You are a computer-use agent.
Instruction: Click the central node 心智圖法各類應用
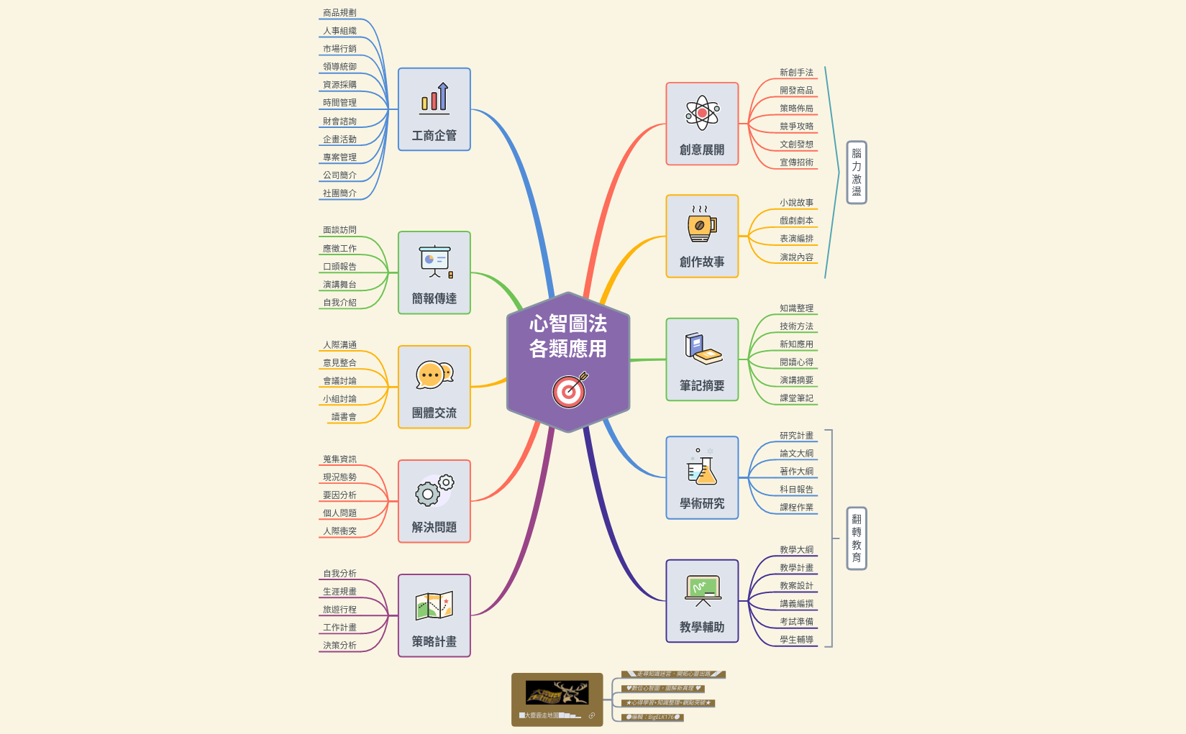click(x=568, y=336)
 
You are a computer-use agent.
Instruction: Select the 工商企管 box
click(x=434, y=109)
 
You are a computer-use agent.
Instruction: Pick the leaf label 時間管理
click(x=339, y=103)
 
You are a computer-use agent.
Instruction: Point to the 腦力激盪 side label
click(x=856, y=173)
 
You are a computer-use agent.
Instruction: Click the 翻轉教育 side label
click(x=856, y=538)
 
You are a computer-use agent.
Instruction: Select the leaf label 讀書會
click(x=344, y=417)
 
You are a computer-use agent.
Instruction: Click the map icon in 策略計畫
click(x=434, y=605)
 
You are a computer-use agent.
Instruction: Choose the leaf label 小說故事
click(x=796, y=203)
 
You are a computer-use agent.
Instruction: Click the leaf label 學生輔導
click(x=796, y=640)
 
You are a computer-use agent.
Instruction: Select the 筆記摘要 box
click(x=702, y=359)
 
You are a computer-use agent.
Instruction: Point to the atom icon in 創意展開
click(x=702, y=113)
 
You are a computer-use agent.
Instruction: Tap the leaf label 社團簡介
click(x=339, y=193)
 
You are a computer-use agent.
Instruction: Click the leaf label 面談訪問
click(x=339, y=230)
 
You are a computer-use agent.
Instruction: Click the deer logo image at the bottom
click(x=557, y=693)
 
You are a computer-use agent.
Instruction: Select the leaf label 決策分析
click(x=339, y=646)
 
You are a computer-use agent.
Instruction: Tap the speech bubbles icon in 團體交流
click(x=434, y=375)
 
